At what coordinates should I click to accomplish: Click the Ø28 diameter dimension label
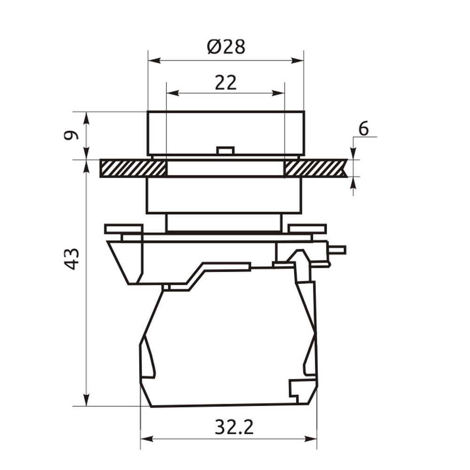[x=227, y=47]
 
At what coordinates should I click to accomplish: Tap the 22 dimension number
[x=226, y=83]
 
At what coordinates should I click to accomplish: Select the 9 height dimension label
[x=71, y=135]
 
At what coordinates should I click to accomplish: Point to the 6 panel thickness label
[x=364, y=129]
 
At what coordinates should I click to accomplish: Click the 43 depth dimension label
[x=71, y=259]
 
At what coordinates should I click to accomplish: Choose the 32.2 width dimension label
[x=234, y=427]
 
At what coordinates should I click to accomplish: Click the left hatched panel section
[x=133, y=168]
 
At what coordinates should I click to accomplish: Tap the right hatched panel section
[x=315, y=168]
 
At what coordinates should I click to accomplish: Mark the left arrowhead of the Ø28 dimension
[x=155, y=61]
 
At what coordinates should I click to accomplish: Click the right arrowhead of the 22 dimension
[x=278, y=93]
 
